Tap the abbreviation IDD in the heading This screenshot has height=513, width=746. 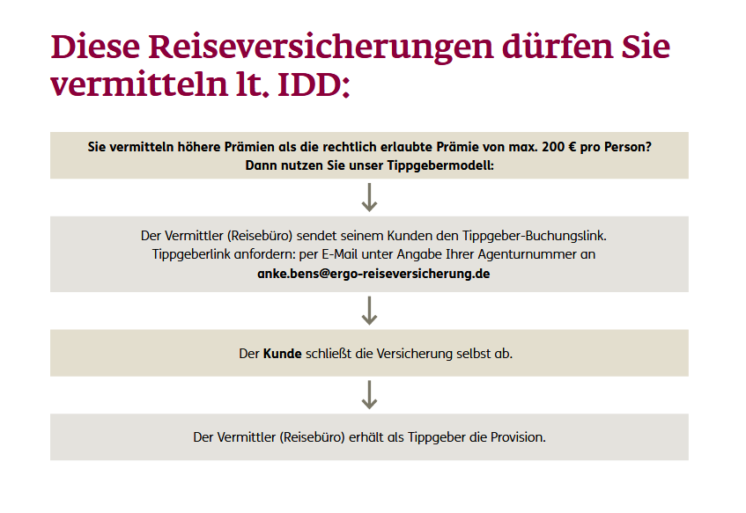[x=310, y=85]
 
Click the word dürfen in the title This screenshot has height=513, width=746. [x=558, y=47]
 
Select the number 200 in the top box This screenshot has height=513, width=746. [x=553, y=147]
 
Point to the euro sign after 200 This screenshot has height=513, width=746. [x=572, y=147]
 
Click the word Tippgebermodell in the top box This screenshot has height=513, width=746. [x=440, y=166]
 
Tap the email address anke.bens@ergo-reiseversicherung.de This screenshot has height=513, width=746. [x=373, y=274]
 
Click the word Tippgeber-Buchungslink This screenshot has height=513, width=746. [x=535, y=236]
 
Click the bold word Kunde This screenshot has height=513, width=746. [x=283, y=354]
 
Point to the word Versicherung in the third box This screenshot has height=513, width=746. [x=414, y=354]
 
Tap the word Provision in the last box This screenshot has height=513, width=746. [x=518, y=437]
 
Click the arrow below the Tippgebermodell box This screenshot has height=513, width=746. [x=369, y=197]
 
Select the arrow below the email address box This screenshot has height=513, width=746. [x=369, y=311]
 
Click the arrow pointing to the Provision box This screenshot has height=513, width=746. [x=369, y=394]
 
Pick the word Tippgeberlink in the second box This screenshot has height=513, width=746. [x=191, y=255]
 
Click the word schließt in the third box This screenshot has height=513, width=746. [x=329, y=354]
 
